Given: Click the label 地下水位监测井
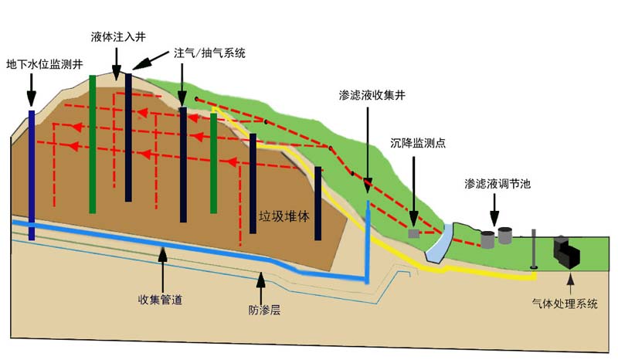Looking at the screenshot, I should [x=43, y=65].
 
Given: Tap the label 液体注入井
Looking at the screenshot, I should [x=117, y=36].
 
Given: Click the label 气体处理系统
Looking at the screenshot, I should [x=565, y=304].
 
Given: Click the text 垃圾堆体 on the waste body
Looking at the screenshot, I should [x=284, y=216].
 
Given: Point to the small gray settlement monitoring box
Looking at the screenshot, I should [x=414, y=233].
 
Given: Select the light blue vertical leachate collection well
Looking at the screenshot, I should [x=368, y=239].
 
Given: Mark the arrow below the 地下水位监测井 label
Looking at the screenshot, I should [x=31, y=90].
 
